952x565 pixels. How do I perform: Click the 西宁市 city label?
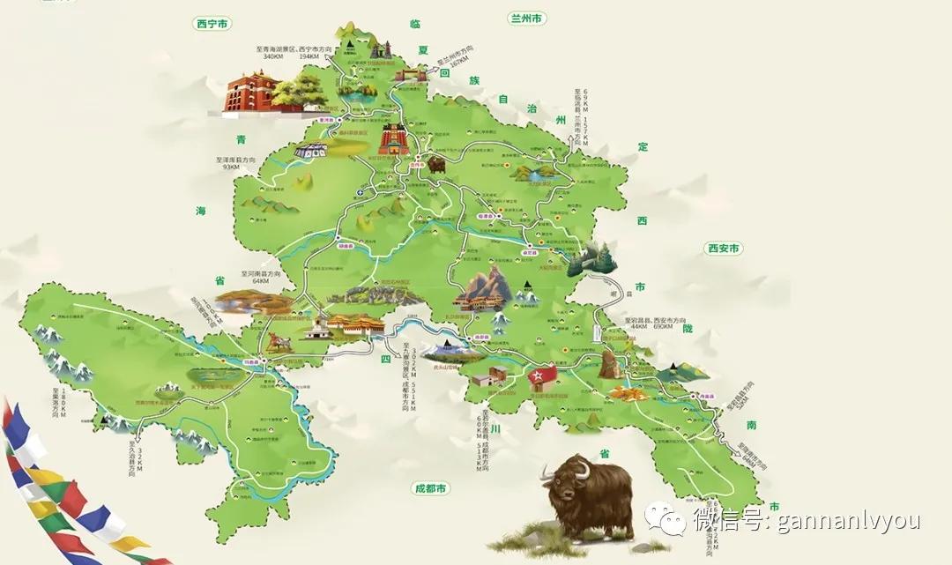click(x=212, y=25)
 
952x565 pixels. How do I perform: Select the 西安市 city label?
click(x=723, y=249)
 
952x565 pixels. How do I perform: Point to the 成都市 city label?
click(x=431, y=488)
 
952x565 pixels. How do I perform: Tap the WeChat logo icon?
click(x=664, y=519)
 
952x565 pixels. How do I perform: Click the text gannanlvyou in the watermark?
click(x=847, y=520)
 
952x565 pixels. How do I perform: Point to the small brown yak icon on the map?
click(x=436, y=164)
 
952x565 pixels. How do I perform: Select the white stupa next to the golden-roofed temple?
click(x=318, y=329)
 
